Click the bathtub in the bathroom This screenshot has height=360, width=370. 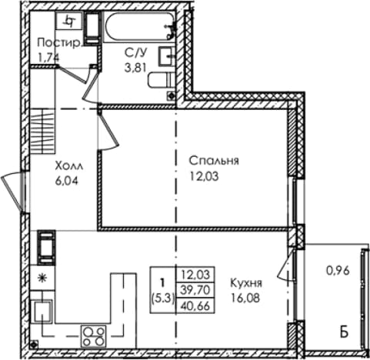(x=140, y=26)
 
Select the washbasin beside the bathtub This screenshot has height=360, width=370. (x=167, y=56)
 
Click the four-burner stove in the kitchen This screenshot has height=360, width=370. (x=94, y=336)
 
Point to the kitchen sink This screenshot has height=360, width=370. (x=42, y=311)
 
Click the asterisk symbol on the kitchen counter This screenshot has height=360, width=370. (x=42, y=278)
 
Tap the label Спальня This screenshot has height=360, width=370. (x=214, y=161)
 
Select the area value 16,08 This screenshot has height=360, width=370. (x=245, y=298)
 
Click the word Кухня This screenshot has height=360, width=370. (x=246, y=283)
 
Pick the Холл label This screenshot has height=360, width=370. (x=69, y=167)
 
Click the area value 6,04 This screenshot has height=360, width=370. (x=67, y=182)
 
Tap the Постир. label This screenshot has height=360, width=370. (x=59, y=43)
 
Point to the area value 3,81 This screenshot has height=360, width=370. (x=135, y=68)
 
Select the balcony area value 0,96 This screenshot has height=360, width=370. (x=338, y=271)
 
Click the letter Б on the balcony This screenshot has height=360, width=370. (x=345, y=333)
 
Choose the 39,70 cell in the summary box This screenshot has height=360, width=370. (x=195, y=290)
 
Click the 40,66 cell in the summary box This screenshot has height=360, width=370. (x=195, y=305)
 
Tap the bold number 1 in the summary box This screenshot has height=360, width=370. (x=162, y=283)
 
